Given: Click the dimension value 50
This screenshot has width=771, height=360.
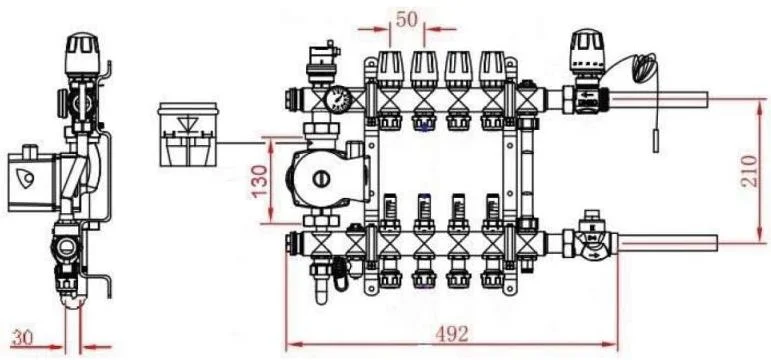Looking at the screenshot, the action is pyautogui.click(x=406, y=19).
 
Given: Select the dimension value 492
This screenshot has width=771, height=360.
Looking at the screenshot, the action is pyautogui.click(x=452, y=334).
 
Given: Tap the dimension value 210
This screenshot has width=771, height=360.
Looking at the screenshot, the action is pyautogui.click(x=749, y=171).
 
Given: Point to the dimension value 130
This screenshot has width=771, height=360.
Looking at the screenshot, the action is pyautogui.click(x=259, y=180).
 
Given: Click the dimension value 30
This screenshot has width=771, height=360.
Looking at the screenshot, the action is pyautogui.click(x=24, y=338).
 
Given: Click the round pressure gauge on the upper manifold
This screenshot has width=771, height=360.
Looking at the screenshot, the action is pyautogui.click(x=338, y=99).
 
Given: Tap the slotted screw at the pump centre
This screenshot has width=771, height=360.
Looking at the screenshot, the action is pyautogui.click(x=322, y=179).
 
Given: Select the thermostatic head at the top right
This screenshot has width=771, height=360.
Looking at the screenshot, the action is pyautogui.click(x=587, y=49).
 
